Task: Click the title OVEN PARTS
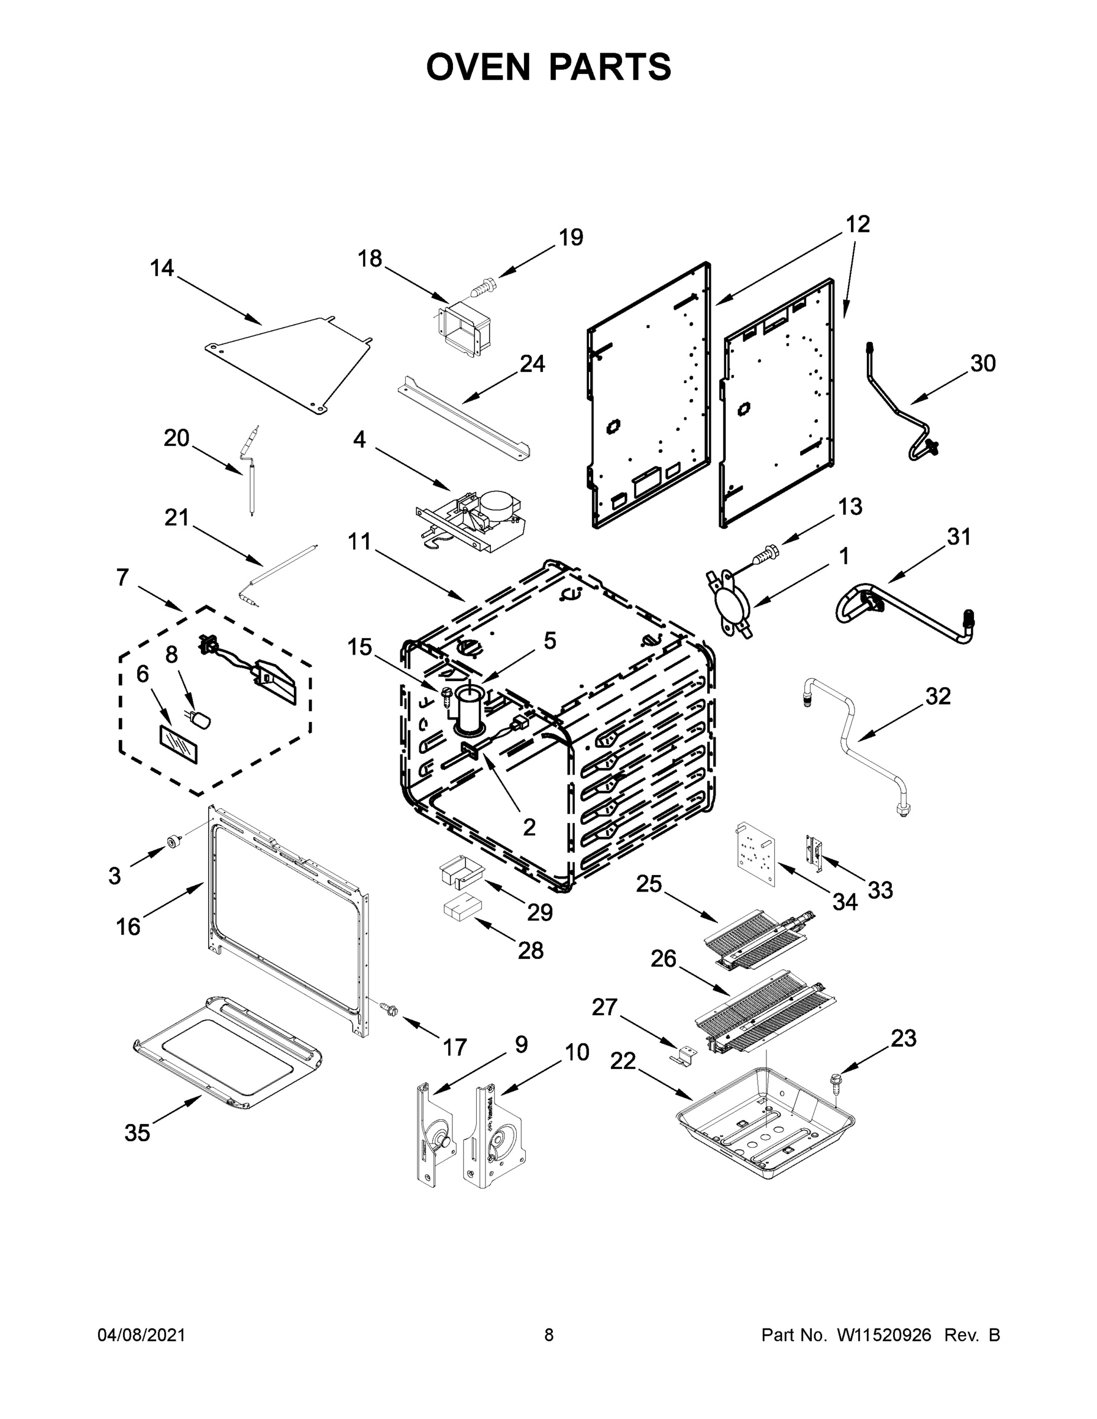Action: point(549,67)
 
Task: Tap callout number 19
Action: point(571,238)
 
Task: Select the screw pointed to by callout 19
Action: point(484,286)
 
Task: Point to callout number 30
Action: point(983,363)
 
